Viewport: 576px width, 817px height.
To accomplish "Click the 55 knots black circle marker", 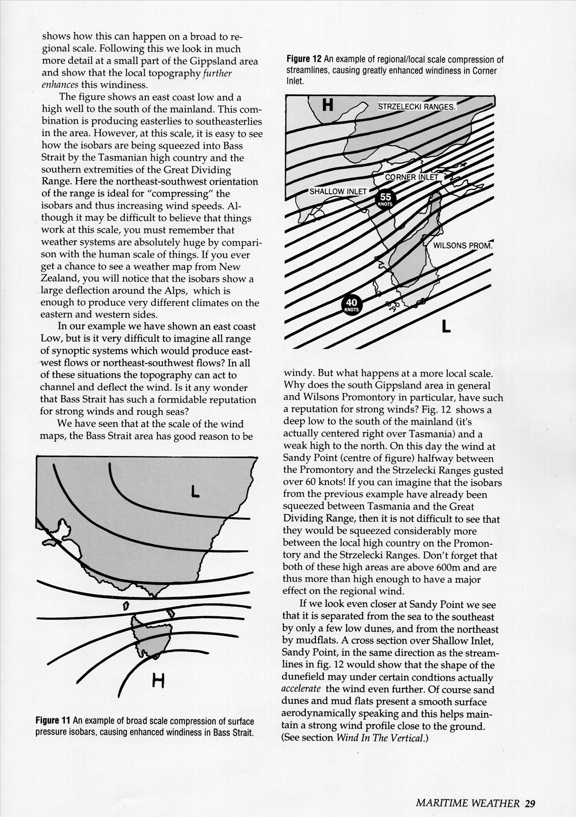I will tap(385, 199).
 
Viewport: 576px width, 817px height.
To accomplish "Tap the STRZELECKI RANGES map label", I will tap(417, 107).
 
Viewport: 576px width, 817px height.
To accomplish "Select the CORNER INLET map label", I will tap(412, 177).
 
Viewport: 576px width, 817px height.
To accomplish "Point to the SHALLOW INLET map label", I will tap(338, 191).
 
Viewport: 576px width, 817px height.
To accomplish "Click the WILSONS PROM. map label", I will tap(462, 246).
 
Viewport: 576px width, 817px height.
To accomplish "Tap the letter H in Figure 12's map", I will tap(328, 105).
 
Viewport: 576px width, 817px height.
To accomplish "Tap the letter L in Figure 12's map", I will tap(446, 326).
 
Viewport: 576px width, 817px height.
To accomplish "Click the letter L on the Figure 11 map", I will tap(195, 492).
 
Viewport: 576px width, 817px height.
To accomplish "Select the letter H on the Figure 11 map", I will tap(158, 681).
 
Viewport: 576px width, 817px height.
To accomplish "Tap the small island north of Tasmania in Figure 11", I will tap(126, 606).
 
